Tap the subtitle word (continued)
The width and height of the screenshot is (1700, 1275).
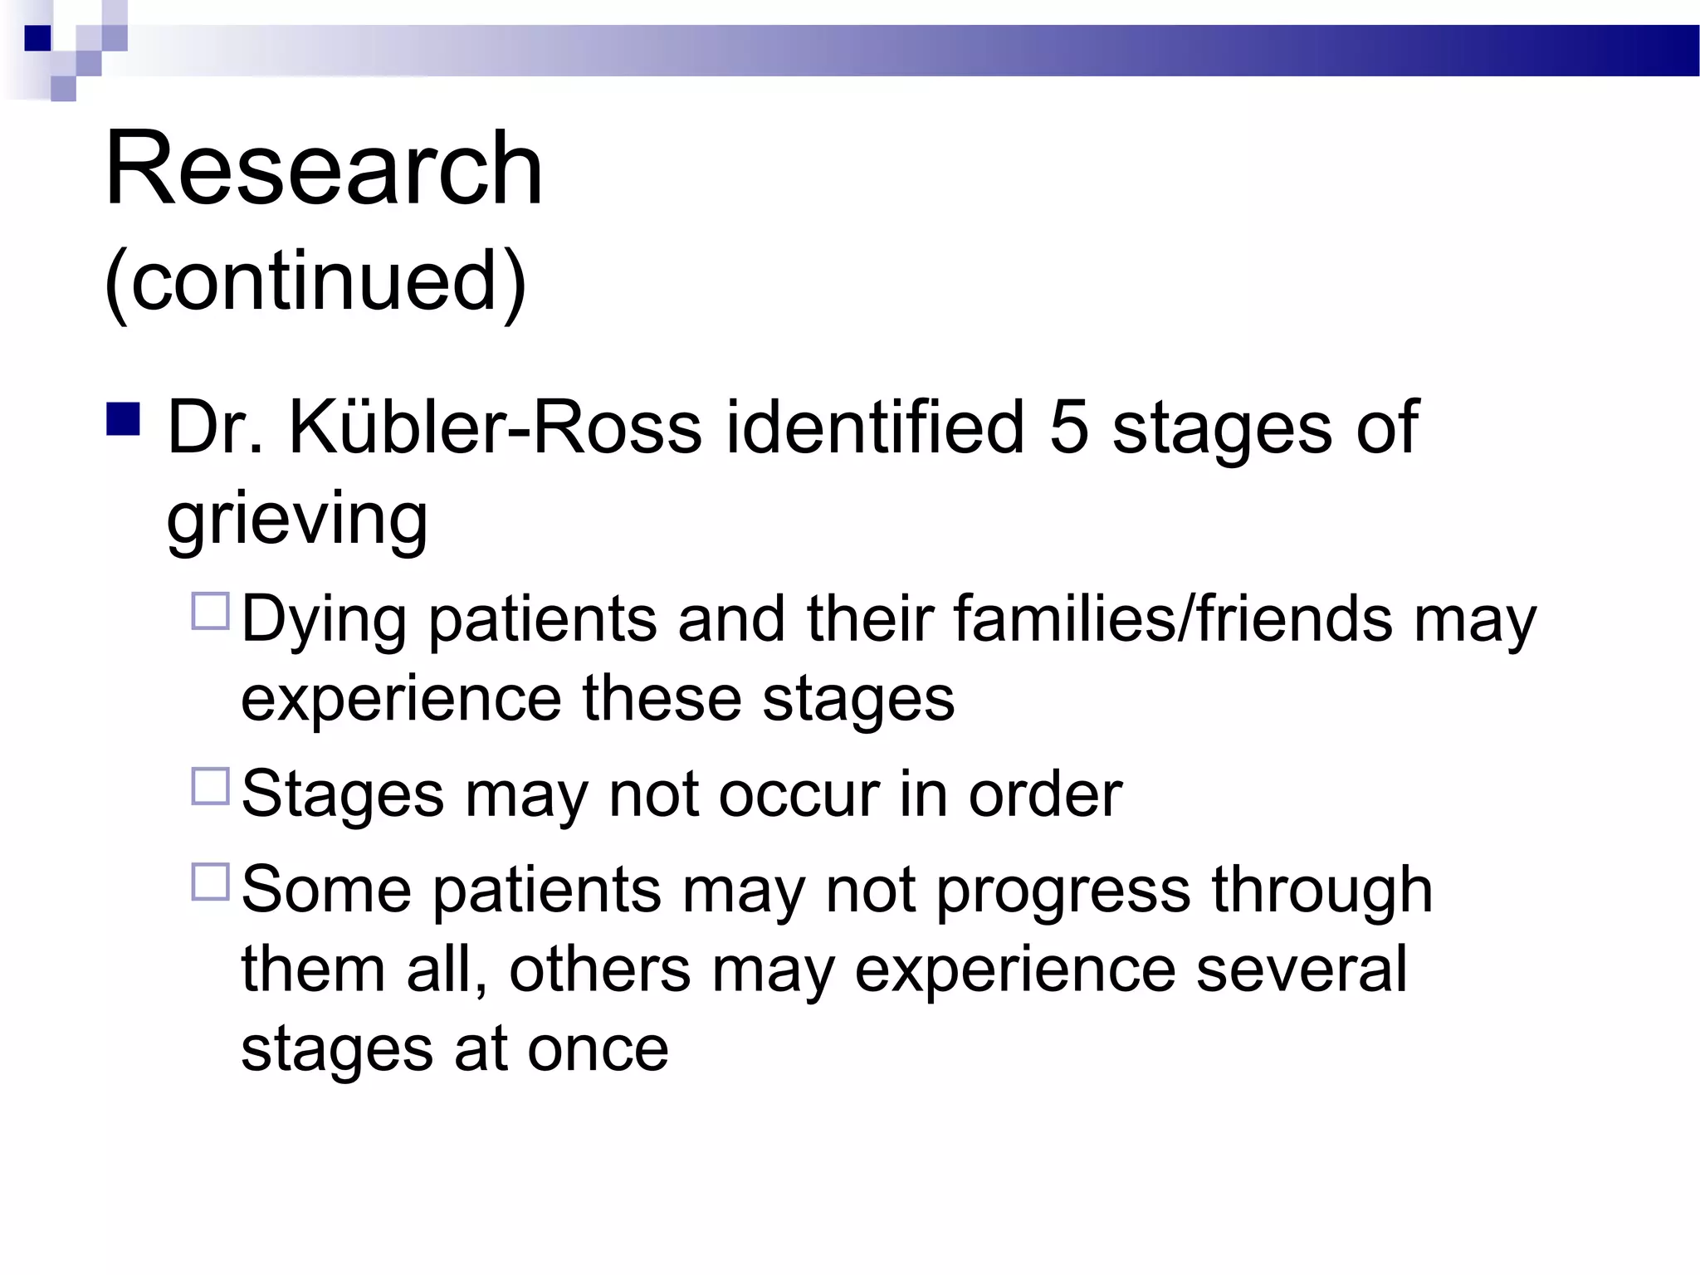click(x=315, y=281)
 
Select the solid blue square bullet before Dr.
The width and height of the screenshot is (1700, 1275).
click(x=123, y=419)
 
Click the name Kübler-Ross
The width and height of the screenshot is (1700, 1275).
click(x=495, y=427)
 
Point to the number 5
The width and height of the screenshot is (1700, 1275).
click(x=1069, y=427)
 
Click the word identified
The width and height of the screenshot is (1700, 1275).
click(x=875, y=427)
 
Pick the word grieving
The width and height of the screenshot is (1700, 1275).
click(x=297, y=519)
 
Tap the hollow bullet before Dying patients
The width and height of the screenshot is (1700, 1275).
click(x=210, y=611)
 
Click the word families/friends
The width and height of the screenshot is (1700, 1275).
click(x=1172, y=618)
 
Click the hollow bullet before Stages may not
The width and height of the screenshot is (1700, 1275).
click(x=210, y=786)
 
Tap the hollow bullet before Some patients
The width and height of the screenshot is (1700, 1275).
click(x=210, y=882)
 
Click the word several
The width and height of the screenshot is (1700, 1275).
click(x=1301, y=969)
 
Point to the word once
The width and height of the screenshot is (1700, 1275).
click(x=598, y=1049)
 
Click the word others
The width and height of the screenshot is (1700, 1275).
click(x=599, y=969)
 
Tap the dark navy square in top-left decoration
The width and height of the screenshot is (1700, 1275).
click(x=38, y=38)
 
